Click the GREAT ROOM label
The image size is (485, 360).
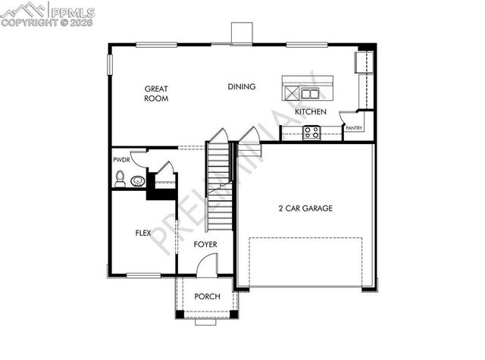(156, 94)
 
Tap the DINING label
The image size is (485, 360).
(242, 86)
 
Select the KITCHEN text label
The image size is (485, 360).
(311, 112)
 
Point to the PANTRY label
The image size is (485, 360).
(355, 129)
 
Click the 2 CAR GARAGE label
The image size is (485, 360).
(305, 208)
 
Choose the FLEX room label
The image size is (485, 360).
(144, 233)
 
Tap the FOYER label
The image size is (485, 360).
(205, 245)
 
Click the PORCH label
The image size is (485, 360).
(207, 296)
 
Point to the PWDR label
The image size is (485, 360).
(120, 161)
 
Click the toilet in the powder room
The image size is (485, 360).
(120, 180)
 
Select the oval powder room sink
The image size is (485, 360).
(137, 181)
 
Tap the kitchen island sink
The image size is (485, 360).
(309, 95)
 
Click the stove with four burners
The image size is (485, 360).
(311, 133)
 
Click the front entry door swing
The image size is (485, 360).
(207, 265)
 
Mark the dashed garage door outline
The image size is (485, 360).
(310, 261)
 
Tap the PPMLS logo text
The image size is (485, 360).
(72, 11)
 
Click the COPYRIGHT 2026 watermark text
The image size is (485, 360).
(46, 23)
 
